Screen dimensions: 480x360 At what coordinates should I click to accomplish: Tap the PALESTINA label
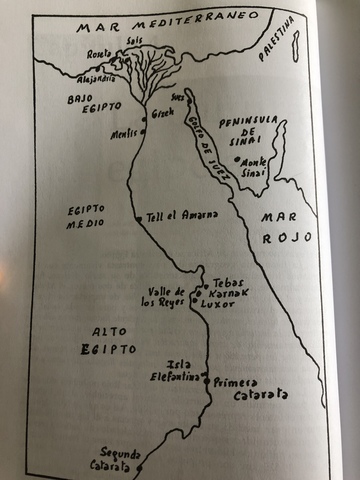click(x=278, y=37)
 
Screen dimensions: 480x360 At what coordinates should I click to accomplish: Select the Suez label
click(x=181, y=98)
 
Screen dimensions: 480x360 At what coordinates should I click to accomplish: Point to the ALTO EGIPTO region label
click(x=93, y=340)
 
